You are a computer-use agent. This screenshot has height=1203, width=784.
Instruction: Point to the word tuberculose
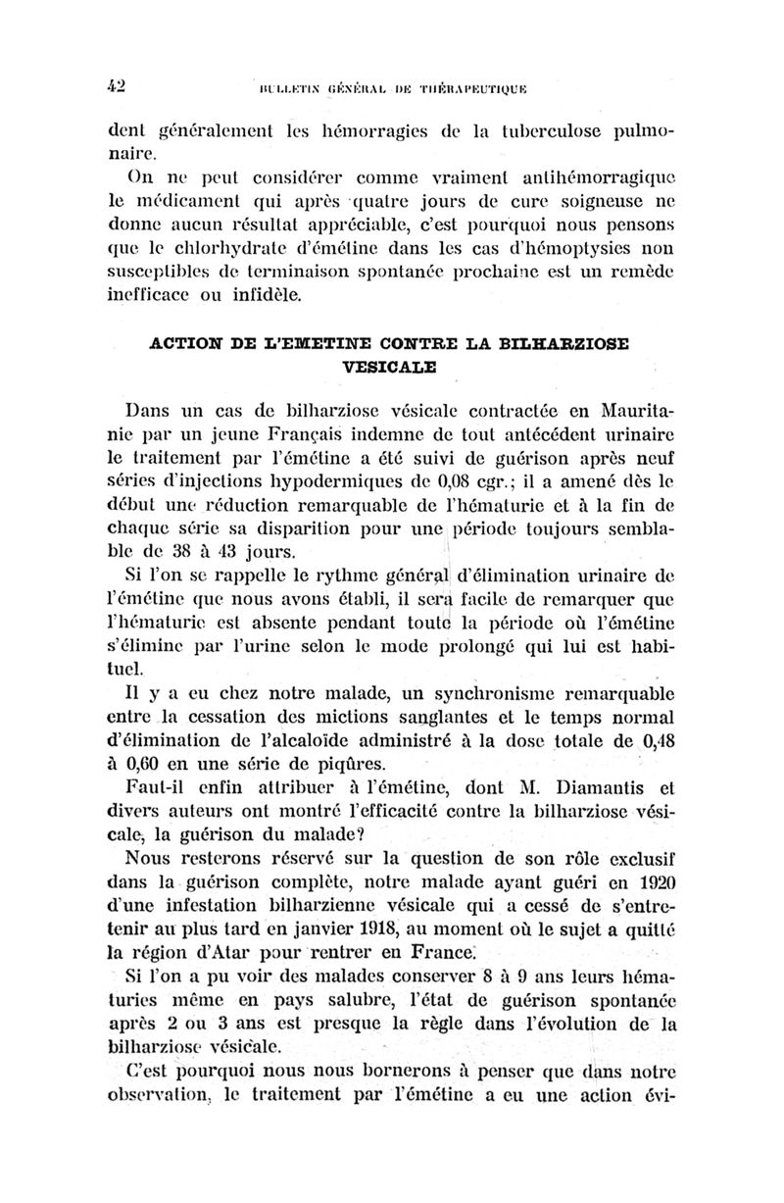pyautogui.click(x=481, y=129)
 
